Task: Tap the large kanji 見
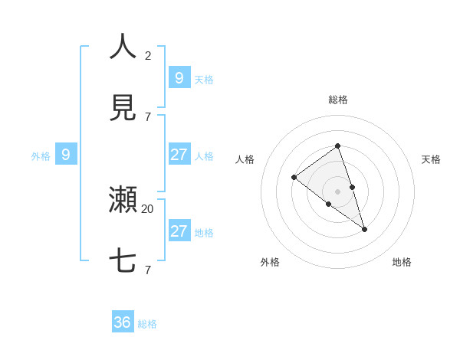tap(123, 108)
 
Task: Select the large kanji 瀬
tap(123, 200)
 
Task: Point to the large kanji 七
tap(123, 261)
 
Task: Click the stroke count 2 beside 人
tap(148, 55)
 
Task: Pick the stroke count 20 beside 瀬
tap(148, 208)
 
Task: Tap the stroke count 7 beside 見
tap(148, 116)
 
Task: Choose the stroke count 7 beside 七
tap(148, 270)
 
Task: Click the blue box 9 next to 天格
tap(179, 77)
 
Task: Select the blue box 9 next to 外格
tap(66, 155)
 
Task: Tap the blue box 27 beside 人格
tap(179, 155)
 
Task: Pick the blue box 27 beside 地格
tap(179, 231)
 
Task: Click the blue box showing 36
tap(123, 322)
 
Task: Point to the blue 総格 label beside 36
tap(147, 324)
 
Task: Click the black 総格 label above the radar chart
tap(337, 100)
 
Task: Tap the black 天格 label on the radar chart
tap(431, 159)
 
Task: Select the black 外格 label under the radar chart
tap(270, 262)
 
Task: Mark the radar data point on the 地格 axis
tap(364, 229)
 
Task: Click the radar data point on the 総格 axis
tap(337, 146)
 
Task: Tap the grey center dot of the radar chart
tap(337, 191)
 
